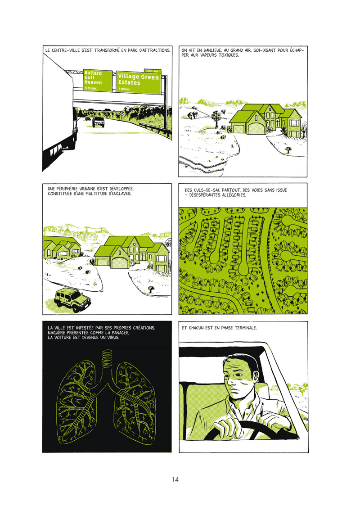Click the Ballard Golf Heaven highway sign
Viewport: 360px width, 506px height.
98,80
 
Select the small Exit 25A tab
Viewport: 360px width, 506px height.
152,71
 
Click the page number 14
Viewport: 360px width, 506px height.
175,479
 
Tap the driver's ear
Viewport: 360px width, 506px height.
256,375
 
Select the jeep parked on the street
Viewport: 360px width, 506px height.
72,299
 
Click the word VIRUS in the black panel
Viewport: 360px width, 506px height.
112,338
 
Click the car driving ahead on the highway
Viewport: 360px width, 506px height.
99,122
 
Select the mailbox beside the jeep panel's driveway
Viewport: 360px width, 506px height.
150,289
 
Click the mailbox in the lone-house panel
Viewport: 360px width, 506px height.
288,149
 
